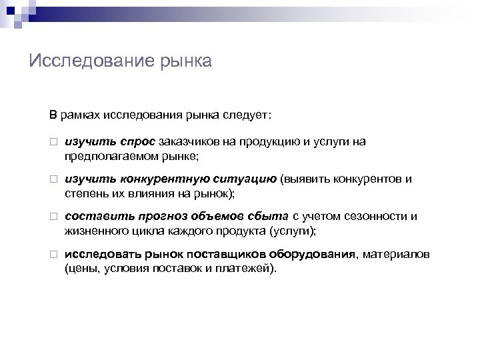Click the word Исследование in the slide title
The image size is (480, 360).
coord(91,62)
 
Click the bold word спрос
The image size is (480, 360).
coord(138,141)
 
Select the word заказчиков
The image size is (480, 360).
coord(187,141)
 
